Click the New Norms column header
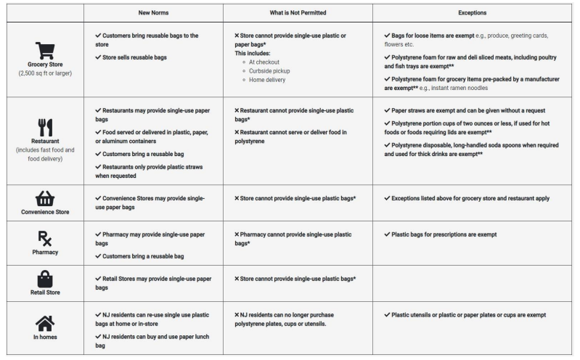pyautogui.click(x=153, y=12)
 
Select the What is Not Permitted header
pyautogui.click(x=298, y=12)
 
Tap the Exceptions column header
pyautogui.click(x=473, y=12)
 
